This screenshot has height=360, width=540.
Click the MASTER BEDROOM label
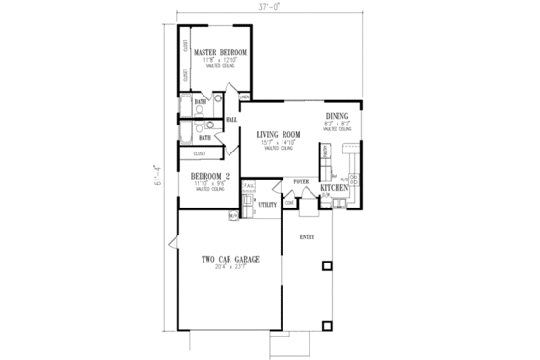[x=219, y=52]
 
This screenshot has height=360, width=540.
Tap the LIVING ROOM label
[x=279, y=134]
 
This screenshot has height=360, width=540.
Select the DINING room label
[x=337, y=116]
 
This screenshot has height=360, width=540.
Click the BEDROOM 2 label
[x=208, y=175]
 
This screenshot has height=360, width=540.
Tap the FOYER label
[x=300, y=180]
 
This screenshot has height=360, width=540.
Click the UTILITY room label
[x=268, y=205]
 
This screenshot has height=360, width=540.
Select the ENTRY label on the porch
[x=308, y=235]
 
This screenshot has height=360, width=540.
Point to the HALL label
[x=231, y=120]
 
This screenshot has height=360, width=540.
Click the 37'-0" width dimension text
[x=266, y=7]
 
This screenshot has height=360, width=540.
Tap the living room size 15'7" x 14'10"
[x=279, y=143]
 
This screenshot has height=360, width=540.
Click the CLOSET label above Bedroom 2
[x=200, y=153]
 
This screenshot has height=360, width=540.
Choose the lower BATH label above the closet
[x=204, y=138]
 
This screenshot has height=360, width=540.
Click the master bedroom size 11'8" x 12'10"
[x=219, y=60]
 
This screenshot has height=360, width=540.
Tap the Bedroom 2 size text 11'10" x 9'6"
[x=208, y=183]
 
